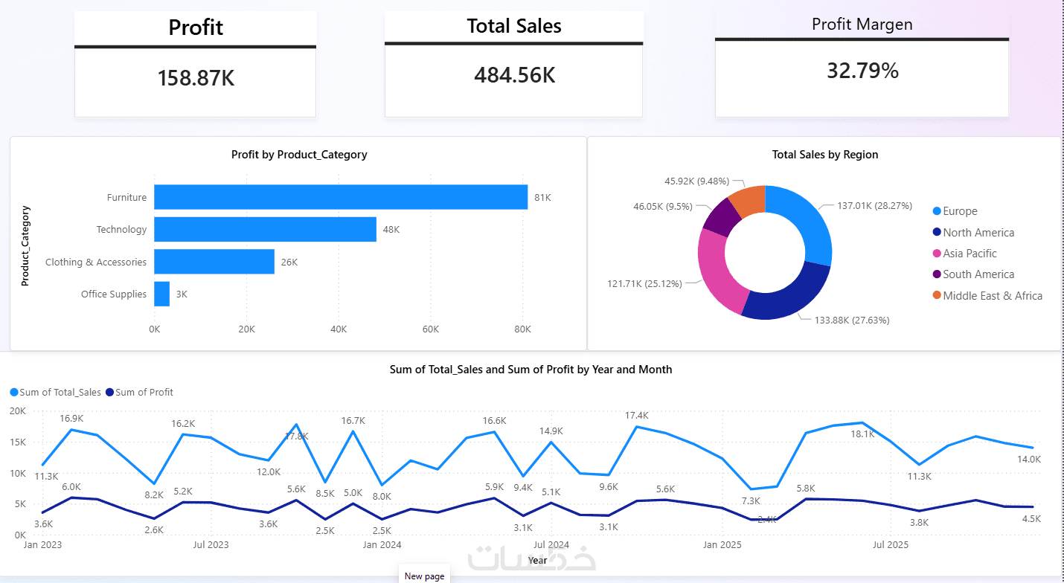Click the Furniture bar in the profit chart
click(x=341, y=197)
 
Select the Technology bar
click(x=265, y=229)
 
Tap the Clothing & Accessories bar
click(x=214, y=262)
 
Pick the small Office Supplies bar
click(x=162, y=294)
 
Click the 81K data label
click(x=542, y=198)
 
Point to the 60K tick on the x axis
click(x=430, y=329)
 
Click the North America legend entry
click(x=973, y=232)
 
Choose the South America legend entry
click(x=973, y=274)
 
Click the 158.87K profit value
click(x=196, y=78)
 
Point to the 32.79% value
click(x=862, y=71)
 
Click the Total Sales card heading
click(x=514, y=26)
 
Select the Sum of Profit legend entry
click(x=139, y=392)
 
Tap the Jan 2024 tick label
click(x=382, y=544)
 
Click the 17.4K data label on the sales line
click(x=636, y=416)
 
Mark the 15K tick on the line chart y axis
click(x=18, y=442)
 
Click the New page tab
click(x=424, y=576)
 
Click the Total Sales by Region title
click(x=825, y=155)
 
